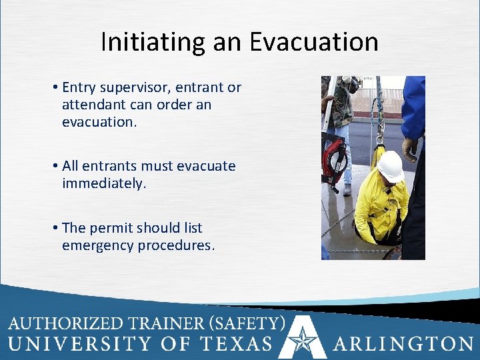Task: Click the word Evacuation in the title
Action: click(314, 42)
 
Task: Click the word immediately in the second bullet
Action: click(103, 183)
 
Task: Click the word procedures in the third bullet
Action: click(177, 245)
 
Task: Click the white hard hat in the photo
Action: click(391, 166)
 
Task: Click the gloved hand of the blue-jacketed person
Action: click(409, 148)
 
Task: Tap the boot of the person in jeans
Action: click(347, 189)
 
